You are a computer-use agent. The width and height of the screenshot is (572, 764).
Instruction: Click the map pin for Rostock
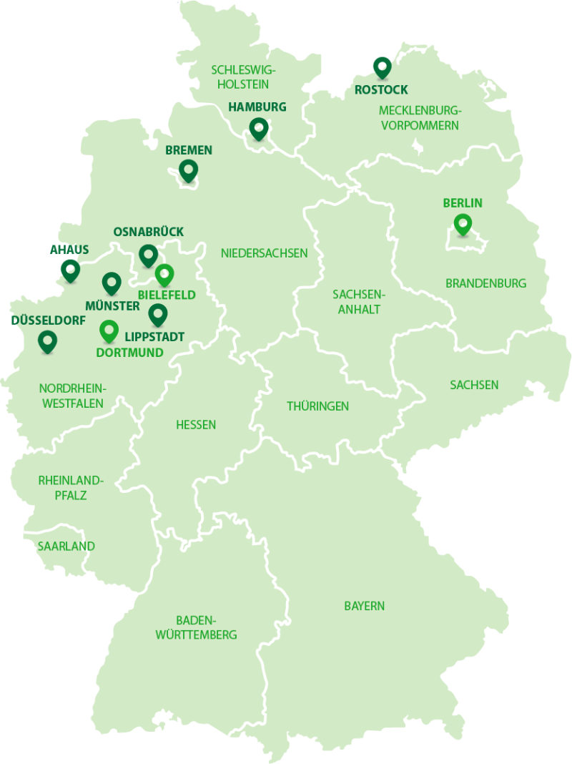tap(383, 67)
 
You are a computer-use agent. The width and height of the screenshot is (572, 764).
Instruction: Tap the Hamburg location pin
tap(258, 129)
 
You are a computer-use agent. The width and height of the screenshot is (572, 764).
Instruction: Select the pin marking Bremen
tap(188, 170)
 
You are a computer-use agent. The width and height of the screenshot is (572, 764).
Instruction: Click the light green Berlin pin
tap(463, 224)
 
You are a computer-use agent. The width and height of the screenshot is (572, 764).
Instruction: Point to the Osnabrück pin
tap(148, 254)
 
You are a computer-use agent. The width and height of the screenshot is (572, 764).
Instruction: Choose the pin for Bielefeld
tap(164, 274)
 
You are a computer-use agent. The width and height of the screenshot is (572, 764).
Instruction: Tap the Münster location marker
tap(111, 283)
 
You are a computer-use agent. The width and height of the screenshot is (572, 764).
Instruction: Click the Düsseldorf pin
tap(47, 341)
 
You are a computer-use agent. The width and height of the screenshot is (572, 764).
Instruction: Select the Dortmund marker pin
tap(108, 330)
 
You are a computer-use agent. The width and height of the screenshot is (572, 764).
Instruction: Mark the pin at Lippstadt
tap(157, 313)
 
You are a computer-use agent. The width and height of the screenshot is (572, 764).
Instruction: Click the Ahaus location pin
tap(69, 270)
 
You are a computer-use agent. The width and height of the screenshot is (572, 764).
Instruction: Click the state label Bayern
tap(364, 606)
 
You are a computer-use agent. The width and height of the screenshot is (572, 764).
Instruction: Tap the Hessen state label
tap(196, 425)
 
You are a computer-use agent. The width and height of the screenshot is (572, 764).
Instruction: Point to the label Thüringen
tap(318, 406)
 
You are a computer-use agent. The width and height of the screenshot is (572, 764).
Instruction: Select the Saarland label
tap(66, 547)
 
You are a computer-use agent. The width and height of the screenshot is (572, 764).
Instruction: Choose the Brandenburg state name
tap(485, 283)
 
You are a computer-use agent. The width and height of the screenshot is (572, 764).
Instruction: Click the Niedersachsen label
tap(264, 253)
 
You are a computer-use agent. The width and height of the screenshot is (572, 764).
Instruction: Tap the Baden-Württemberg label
tap(196, 627)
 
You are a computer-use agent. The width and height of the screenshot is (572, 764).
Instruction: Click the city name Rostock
tap(381, 90)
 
